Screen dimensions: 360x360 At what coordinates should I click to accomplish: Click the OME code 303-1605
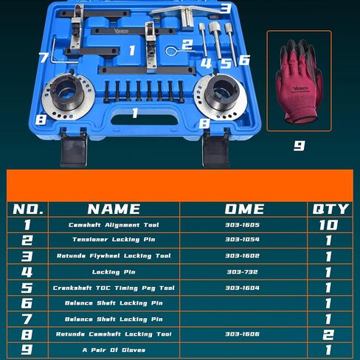(242, 225)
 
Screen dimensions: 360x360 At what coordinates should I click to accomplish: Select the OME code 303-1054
(242, 239)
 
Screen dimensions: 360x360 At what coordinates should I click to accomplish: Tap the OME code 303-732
(242, 271)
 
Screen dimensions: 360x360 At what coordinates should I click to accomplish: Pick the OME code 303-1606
(242, 334)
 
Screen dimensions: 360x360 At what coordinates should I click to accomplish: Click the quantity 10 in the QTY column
(329, 225)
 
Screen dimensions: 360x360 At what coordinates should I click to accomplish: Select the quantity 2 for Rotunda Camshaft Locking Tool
(329, 334)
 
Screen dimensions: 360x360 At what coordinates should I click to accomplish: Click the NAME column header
(114, 210)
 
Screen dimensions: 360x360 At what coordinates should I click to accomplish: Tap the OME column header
(244, 210)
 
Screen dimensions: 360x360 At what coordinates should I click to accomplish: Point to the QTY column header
(330, 210)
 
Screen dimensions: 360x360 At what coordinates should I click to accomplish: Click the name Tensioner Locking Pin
(114, 240)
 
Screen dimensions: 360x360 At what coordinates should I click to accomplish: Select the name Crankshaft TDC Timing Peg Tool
(114, 288)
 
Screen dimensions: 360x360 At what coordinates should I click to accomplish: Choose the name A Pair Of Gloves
(114, 350)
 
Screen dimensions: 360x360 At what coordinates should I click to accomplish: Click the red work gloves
(299, 81)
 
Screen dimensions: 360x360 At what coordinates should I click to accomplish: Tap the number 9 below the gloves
(300, 145)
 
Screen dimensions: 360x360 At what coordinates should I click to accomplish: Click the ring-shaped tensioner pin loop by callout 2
(170, 52)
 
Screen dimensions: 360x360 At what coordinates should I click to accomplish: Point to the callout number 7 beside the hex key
(44, 57)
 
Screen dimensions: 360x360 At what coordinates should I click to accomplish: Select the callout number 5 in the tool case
(226, 63)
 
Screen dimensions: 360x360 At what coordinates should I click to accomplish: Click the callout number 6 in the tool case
(244, 60)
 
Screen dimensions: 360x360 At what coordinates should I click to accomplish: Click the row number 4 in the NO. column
(27, 272)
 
